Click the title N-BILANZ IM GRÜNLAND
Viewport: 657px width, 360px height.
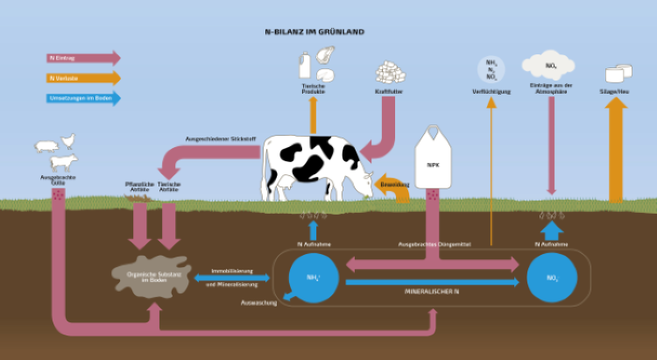pyautogui.click(x=314, y=32)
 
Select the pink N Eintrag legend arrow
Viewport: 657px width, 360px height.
pyautogui.click(x=83, y=58)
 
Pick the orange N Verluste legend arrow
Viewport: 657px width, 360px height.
pyautogui.click(x=83, y=78)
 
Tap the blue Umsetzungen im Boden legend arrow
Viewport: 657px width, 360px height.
pyautogui.click(x=83, y=98)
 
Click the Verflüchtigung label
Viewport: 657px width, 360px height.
pyautogui.click(x=491, y=91)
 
